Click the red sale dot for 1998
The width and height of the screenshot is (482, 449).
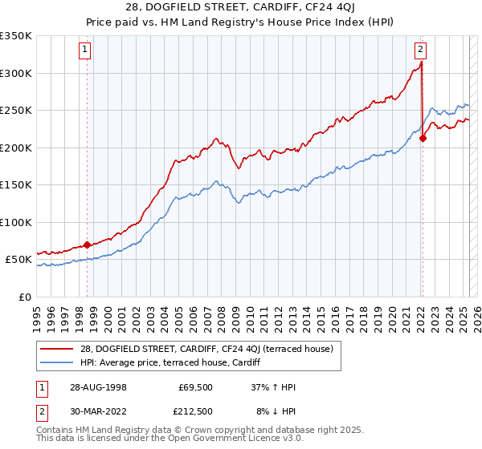pos(87,245)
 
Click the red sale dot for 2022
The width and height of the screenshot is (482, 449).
pos(423,138)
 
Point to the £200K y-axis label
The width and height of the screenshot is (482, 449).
pos(15,148)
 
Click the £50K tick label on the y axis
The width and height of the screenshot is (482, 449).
pos(18,260)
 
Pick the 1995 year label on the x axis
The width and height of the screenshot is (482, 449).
pos(37,314)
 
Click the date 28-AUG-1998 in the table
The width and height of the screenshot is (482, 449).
pos(97,386)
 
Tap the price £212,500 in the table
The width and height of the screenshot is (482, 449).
pos(195,412)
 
